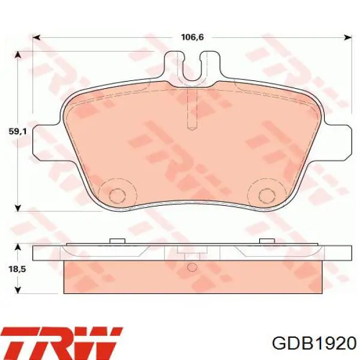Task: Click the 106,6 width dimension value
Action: pyautogui.click(x=193, y=37)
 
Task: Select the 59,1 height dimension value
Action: pyautogui.click(x=17, y=131)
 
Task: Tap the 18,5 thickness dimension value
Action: pyautogui.click(x=17, y=269)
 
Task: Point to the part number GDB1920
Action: pyautogui.click(x=314, y=344)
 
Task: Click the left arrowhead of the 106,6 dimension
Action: pyautogui.click(x=37, y=37)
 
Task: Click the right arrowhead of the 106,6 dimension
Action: pyautogui.click(x=347, y=37)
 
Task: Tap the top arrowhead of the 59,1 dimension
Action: pyautogui.click(x=18, y=55)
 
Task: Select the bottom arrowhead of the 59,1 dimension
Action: pyautogui.click(x=18, y=208)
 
